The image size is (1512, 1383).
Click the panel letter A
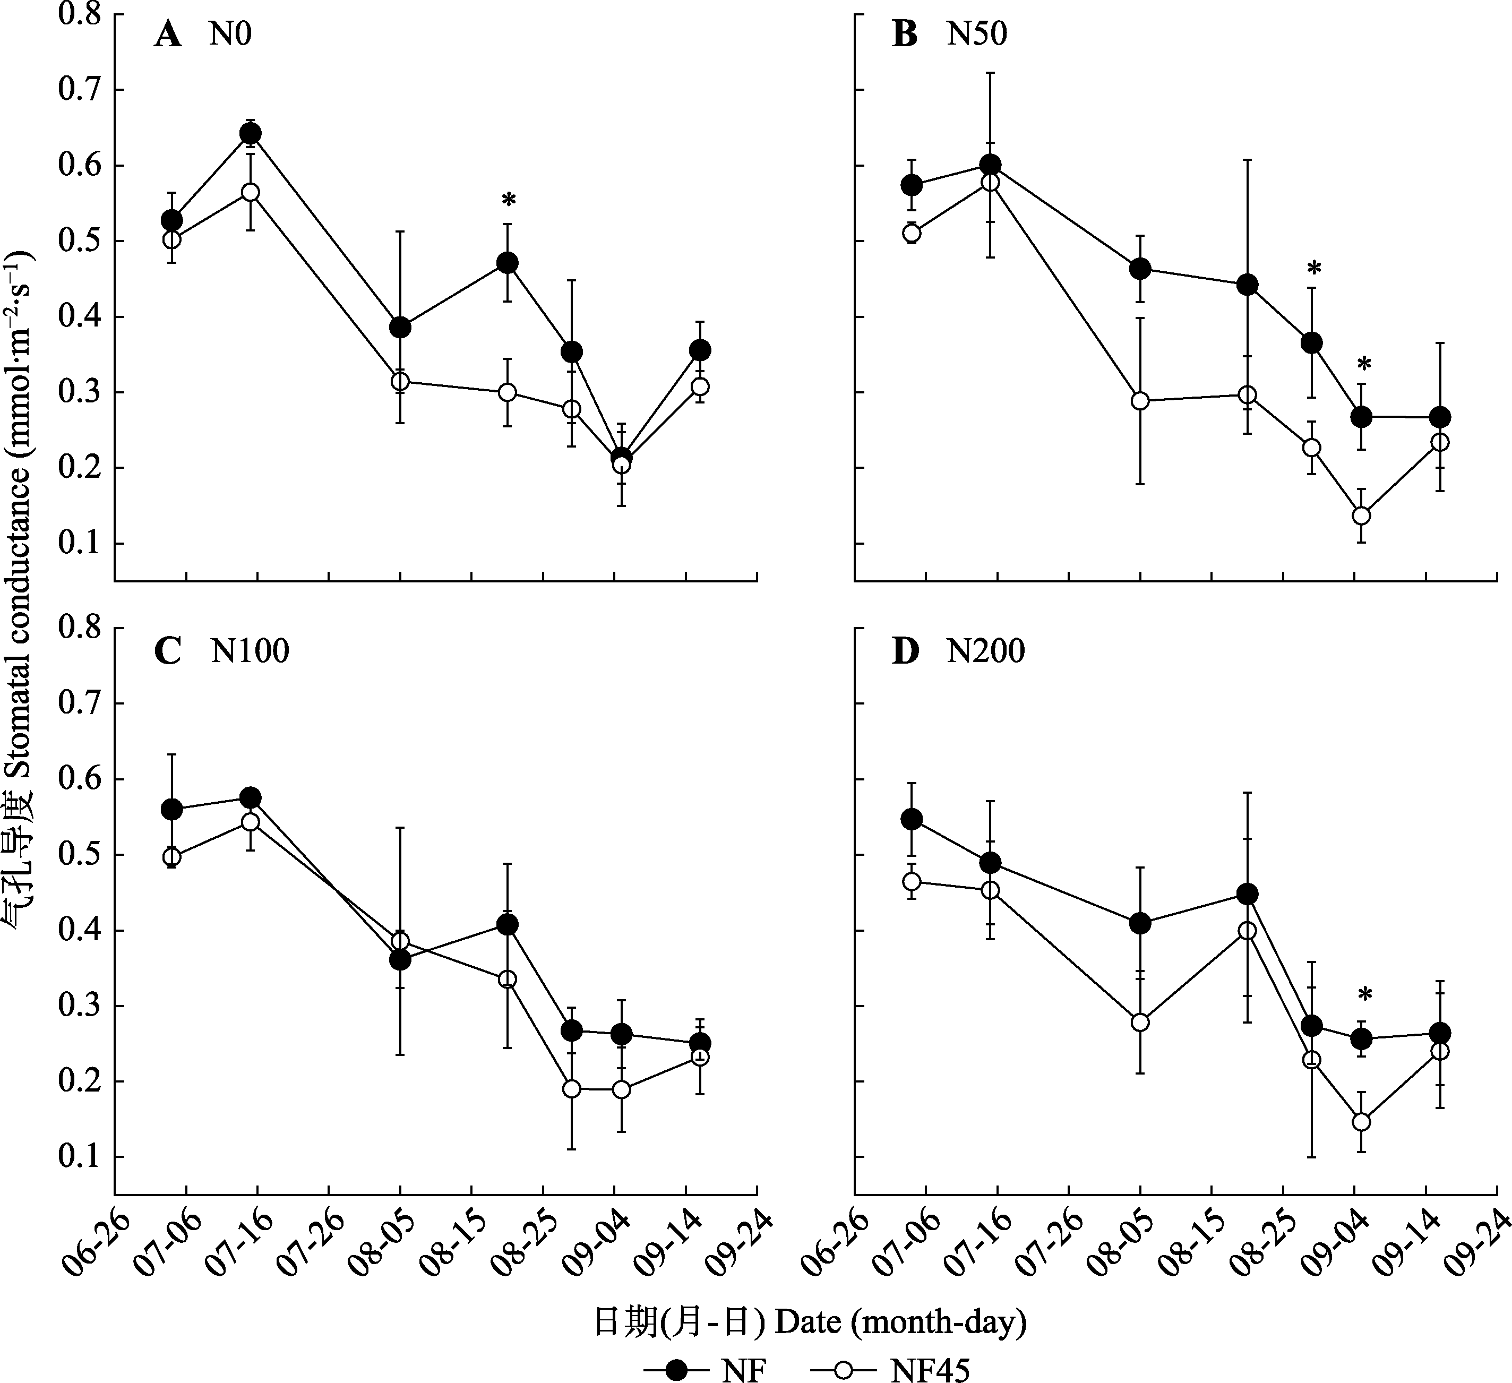pos(167,35)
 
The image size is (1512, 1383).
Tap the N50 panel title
pos(976,35)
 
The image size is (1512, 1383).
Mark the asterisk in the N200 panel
pos(1365,996)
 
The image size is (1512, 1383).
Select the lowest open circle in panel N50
pos(1361,516)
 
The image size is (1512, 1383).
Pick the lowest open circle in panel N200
pos(1361,1122)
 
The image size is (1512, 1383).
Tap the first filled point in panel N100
pos(172,809)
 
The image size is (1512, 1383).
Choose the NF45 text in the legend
pos(930,1370)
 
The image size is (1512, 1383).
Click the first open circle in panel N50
pos(911,233)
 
